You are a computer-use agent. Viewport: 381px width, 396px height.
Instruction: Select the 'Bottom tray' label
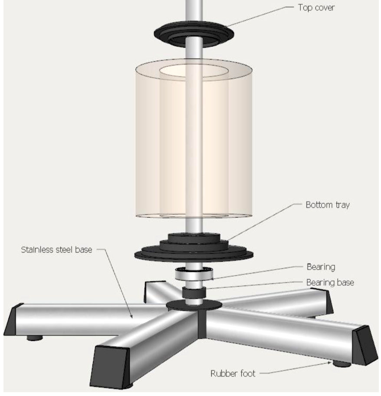click(327, 205)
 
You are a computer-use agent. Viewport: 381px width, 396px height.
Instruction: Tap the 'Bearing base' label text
click(330, 283)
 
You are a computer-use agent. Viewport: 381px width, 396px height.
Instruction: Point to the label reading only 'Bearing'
click(321, 267)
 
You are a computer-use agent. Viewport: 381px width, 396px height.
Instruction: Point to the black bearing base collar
click(194, 293)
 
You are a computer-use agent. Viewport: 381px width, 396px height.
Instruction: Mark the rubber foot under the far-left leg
click(35, 337)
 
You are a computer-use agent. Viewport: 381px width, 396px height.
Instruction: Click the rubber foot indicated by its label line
click(342, 363)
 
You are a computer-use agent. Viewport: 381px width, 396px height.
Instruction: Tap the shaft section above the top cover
click(194, 11)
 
